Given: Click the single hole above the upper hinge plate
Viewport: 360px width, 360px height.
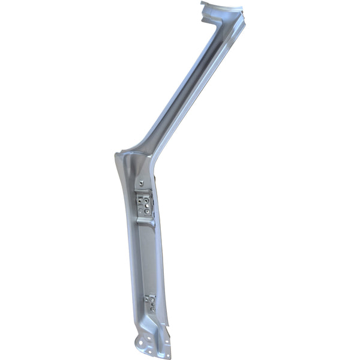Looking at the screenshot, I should point(141,183).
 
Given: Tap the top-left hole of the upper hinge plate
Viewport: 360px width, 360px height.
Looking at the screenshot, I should point(139,201).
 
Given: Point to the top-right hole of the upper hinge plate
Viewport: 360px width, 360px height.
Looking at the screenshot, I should point(146,200).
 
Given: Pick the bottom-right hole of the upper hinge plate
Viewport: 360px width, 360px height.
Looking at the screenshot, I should point(147,212).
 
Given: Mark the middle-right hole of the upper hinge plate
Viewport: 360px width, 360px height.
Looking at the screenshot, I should point(147,206).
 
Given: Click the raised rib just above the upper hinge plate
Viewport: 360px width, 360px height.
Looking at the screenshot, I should point(143,191).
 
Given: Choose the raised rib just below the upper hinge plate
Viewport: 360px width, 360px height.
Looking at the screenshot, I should point(145,220).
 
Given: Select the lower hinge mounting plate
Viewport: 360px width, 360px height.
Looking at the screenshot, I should point(150,302).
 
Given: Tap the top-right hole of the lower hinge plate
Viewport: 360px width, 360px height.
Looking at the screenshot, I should point(152,299).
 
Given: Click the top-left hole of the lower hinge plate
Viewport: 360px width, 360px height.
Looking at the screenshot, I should point(146,299).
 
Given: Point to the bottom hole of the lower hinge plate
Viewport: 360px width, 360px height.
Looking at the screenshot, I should point(152,310).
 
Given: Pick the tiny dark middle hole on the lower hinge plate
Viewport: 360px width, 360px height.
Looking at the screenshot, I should point(152,304).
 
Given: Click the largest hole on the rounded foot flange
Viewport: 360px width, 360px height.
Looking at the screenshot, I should point(141,343).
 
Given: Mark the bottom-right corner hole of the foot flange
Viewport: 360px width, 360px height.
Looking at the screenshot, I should point(168,356).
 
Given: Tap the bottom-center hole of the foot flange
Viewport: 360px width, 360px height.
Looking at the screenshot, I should point(150,352).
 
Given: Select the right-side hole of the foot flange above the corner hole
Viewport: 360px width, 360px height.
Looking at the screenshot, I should point(167,341).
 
